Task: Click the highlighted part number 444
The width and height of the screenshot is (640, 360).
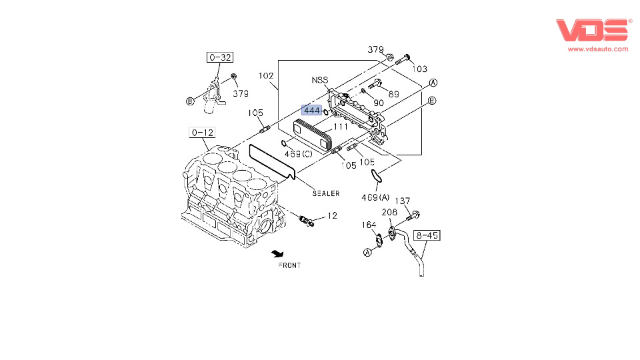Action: click(312, 110)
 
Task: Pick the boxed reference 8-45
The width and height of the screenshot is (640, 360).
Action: click(427, 235)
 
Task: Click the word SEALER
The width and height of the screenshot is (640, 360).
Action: click(326, 194)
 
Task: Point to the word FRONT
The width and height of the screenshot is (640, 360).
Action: click(289, 265)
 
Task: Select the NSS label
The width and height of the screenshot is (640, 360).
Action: click(320, 80)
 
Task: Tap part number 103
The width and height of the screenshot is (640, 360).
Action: click(419, 69)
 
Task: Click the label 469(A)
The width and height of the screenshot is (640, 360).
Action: click(375, 197)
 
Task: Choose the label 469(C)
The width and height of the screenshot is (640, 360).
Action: click(299, 154)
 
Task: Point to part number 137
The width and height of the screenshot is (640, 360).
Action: click(403, 201)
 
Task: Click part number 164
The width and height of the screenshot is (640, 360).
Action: click(369, 225)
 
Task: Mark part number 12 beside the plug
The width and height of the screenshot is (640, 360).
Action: click(332, 216)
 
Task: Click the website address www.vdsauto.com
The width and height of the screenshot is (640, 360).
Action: click(598, 49)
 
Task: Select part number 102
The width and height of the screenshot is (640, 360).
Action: click(266, 76)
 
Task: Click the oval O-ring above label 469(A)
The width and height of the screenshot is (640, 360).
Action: click(377, 175)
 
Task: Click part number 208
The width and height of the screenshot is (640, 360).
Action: click(389, 212)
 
